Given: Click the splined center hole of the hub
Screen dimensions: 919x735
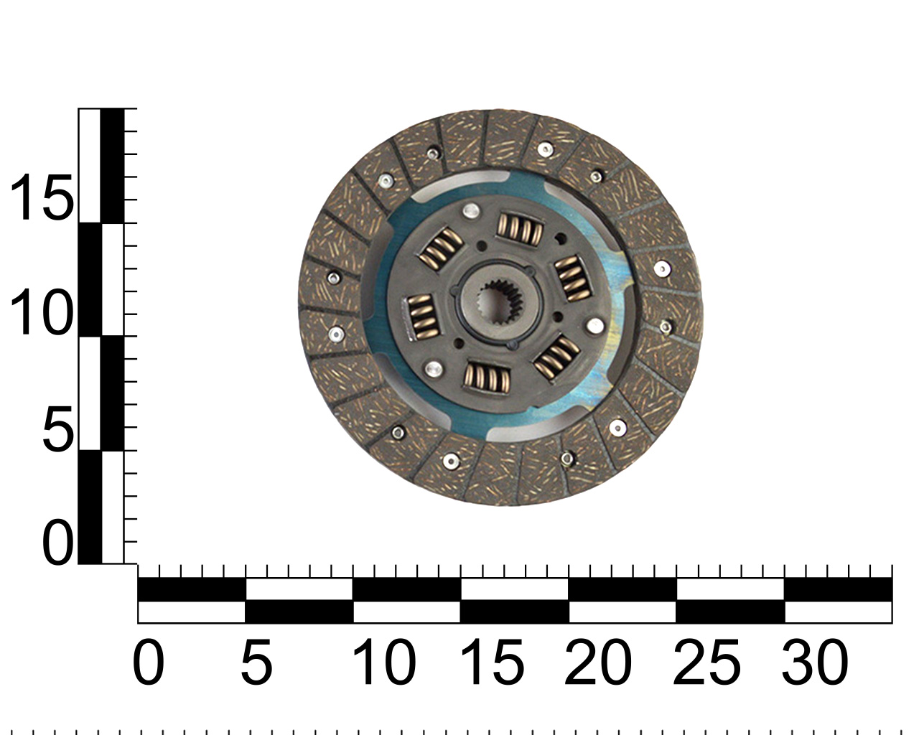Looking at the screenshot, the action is [500, 303].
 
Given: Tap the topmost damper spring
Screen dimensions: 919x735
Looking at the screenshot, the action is [520, 229].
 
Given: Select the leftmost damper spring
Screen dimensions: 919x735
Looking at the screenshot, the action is [422, 317].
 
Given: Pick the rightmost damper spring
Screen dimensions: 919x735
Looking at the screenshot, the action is [573, 278].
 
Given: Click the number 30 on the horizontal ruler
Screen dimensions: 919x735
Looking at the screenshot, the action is [814, 663].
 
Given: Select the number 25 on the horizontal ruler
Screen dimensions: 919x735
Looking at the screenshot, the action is [706, 663].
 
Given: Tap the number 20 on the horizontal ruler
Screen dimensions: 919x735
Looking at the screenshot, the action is [597, 663].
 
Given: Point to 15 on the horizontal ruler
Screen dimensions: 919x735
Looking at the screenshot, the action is [493, 663].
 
